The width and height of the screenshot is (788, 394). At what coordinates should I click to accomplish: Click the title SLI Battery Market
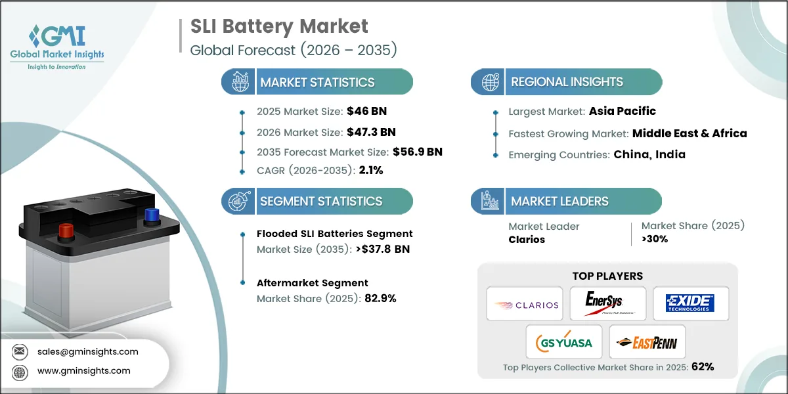pos(279,26)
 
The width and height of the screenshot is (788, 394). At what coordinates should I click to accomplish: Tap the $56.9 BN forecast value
pos(418,152)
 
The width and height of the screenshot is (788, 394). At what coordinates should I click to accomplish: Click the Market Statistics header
pos(317,82)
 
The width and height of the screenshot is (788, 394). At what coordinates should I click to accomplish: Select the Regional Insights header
pos(567,82)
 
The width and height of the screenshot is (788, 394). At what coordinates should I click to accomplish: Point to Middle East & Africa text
pos(689,133)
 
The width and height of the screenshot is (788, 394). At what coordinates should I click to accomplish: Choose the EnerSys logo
pos(607,303)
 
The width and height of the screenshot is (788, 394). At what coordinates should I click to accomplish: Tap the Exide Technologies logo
pos(689,303)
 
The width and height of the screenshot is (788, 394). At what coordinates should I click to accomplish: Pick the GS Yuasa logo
pos(564,341)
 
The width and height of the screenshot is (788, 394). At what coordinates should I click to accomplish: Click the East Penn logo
pos(647,341)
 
